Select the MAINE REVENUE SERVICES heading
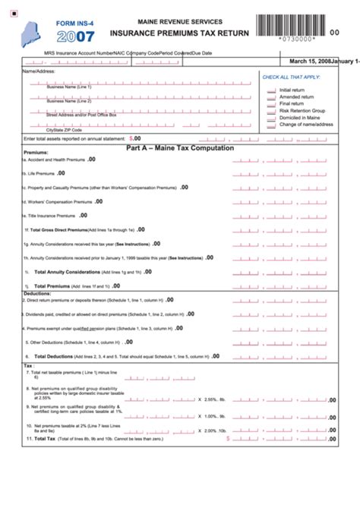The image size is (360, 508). [180, 22]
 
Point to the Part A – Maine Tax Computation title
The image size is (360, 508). [179, 148]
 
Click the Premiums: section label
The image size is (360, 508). [36, 153]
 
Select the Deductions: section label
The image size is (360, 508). [37, 293]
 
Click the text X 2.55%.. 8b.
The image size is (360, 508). [212, 399]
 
